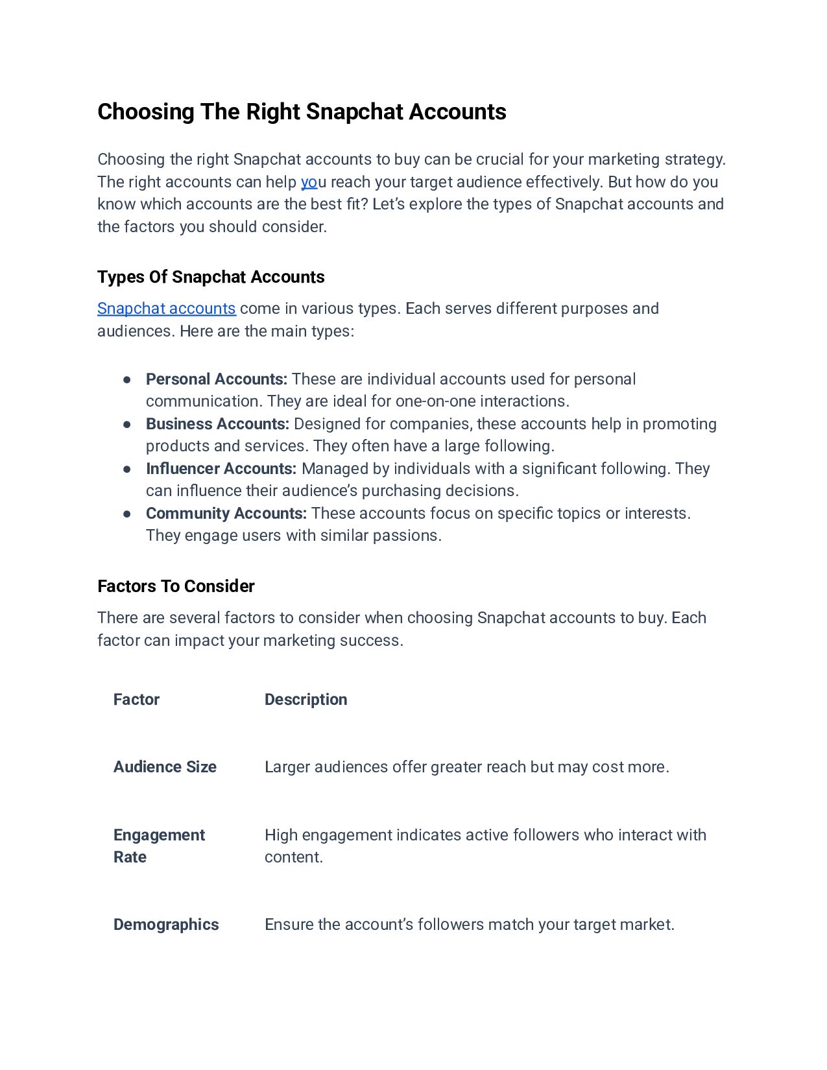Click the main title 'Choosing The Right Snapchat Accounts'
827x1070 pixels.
pyautogui.click(x=302, y=112)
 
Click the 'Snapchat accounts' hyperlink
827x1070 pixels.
pyautogui.click(x=166, y=308)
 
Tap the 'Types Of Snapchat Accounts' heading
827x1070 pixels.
pyautogui.click(x=211, y=277)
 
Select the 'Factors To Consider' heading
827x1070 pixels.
pyautogui.click(x=176, y=586)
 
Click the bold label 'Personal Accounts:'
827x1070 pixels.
pyautogui.click(x=216, y=379)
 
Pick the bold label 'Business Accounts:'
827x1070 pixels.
pyautogui.click(x=217, y=423)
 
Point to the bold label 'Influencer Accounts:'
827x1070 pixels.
pyautogui.click(x=221, y=468)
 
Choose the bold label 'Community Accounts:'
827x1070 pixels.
pyautogui.click(x=226, y=513)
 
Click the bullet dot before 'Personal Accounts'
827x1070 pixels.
pyautogui.click(x=127, y=379)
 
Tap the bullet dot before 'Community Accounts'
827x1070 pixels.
pyautogui.click(x=127, y=514)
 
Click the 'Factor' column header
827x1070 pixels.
pyautogui.click(x=136, y=699)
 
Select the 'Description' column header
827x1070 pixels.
pyautogui.click(x=306, y=699)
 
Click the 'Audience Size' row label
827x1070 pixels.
pyautogui.click(x=165, y=767)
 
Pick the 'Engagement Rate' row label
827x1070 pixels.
pyautogui.click(x=159, y=846)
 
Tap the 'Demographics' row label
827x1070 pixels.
pyautogui.click(x=166, y=924)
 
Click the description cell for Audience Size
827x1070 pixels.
pyautogui.click(x=466, y=767)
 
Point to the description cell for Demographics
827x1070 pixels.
pyautogui.click(x=469, y=924)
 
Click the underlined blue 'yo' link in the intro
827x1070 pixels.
pyautogui.click(x=309, y=182)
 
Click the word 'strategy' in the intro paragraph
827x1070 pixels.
pyautogui.click(x=701, y=160)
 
